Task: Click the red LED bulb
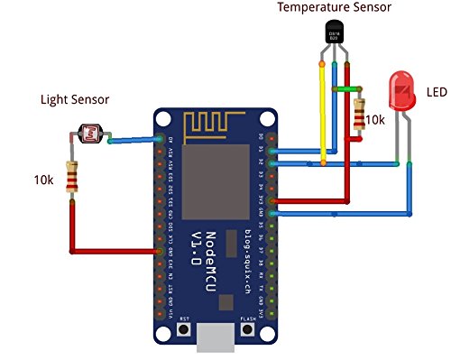[x=397, y=93]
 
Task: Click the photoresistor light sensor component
[x=88, y=136]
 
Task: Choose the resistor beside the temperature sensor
[x=361, y=114]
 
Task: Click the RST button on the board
[x=184, y=331]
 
